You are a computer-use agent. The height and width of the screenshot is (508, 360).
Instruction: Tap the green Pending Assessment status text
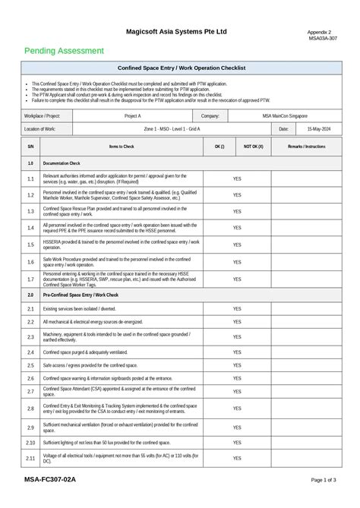[x=64, y=51]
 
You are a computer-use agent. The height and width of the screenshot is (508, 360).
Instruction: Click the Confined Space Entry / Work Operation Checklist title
[x=181, y=68]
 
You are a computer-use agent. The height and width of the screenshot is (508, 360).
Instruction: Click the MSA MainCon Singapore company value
[x=285, y=116]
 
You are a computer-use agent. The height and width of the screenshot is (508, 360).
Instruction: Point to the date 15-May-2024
[x=318, y=130]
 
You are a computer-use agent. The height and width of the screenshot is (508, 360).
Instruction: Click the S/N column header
[x=30, y=146]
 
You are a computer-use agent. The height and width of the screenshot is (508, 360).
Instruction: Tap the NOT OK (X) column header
[x=253, y=146]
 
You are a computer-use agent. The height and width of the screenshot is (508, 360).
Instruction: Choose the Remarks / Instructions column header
[x=306, y=146]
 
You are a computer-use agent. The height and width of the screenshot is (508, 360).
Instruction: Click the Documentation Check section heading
[x=62, y=163]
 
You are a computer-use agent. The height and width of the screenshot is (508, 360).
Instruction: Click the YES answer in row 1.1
[x=237, y=179]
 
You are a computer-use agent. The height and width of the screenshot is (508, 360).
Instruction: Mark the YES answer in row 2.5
[x=237, y=365]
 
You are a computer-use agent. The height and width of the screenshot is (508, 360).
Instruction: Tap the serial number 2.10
[x=30, y=442]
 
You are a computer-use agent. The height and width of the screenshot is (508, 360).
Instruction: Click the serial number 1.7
[x=30, y=279]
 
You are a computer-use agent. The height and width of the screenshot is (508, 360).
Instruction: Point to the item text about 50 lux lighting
[x=106, y=442]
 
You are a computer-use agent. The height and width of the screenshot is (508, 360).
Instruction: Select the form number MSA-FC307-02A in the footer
[x=49, y=480]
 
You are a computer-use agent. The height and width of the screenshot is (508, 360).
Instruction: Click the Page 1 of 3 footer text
[x=324, y=481]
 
